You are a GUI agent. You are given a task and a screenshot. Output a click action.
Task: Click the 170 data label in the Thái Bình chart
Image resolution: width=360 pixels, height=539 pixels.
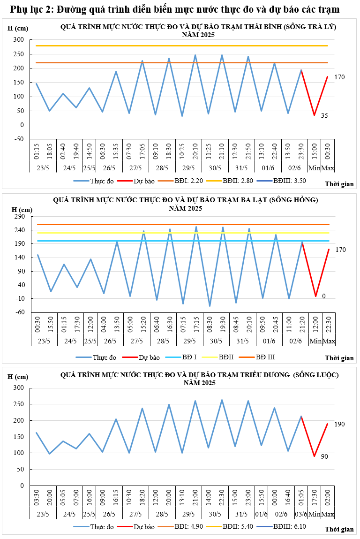click(x=339, y=77)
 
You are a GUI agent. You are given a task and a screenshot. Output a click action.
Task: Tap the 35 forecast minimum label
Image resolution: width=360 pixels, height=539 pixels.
click(x=324, y=115)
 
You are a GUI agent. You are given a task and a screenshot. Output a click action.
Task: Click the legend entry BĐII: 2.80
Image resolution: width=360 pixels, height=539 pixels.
click(x=246, y=180)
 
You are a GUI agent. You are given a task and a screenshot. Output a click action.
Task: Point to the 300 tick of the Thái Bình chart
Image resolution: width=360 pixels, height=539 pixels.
click(x=19, y=40)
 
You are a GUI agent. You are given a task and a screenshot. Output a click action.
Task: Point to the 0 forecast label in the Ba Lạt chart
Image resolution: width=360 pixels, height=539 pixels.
click(x=324, y=296)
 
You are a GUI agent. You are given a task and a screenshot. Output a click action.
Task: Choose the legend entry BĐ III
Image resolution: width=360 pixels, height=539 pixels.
click(x=265, y=357)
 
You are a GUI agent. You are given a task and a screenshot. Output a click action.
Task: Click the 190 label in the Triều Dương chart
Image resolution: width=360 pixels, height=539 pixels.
click(x=339, y=424)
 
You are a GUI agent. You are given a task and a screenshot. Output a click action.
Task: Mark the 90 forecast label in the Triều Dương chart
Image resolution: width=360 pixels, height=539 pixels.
click(x=324, y=456)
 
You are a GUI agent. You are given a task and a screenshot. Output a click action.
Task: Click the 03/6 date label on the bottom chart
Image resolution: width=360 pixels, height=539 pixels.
click(x=301, y=515)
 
